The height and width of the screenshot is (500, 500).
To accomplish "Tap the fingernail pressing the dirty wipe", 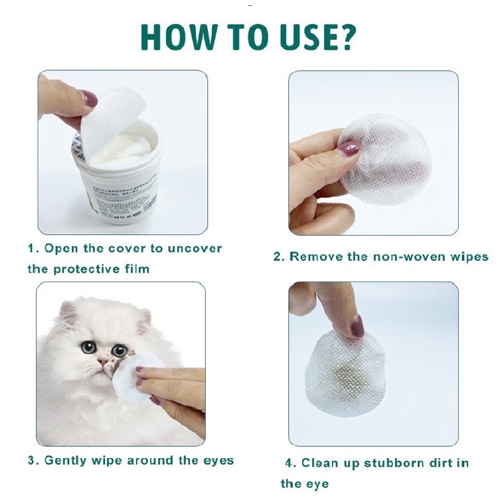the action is coord(357,326).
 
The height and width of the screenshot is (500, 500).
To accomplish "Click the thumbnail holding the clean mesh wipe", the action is coord(349,149).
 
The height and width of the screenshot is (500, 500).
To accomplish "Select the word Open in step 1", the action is coord(61,249).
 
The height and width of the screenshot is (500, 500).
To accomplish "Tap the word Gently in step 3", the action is coord(65,461).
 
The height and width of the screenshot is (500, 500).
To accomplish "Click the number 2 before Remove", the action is coord(278,257).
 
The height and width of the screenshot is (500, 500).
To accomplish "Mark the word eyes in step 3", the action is coord(218,461).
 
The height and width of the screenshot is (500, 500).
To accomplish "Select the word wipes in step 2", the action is coord(469,258).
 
